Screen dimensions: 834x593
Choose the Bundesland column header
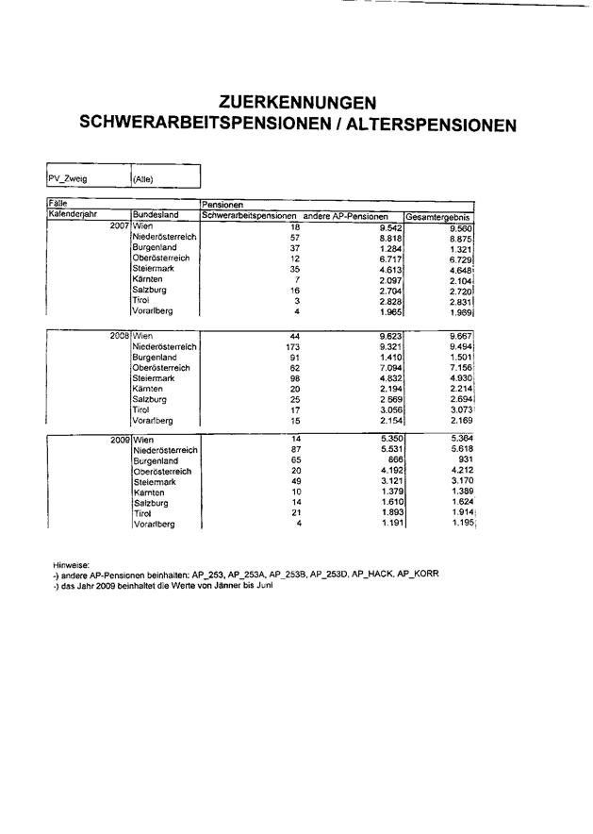click(155, 215)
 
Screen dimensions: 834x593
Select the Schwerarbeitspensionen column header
click(250, 215)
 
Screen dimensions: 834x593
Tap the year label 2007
click(119, 227)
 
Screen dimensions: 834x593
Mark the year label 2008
click(119, 335)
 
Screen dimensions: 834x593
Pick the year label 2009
click(119, 440)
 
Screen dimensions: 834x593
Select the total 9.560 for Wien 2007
click(460, 228)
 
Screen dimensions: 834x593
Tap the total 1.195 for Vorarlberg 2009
click(460, 524)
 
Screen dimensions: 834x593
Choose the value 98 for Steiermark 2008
click(293, 377)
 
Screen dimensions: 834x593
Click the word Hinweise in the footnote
click(71, 564)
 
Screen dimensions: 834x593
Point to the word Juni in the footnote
click(247, 585)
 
